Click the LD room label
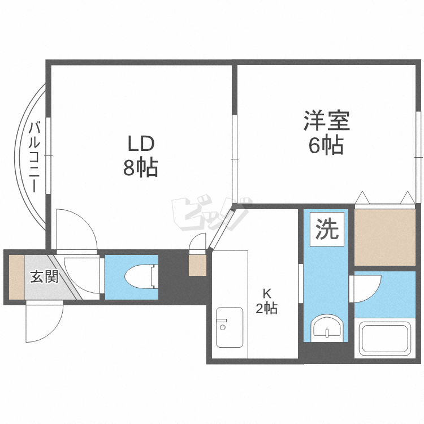pyautogui.click(x=141, y=144)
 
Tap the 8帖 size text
pyautogui.click(x=141, y=168)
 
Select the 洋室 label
pyautogui.click(x=327, y=120)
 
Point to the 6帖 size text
pyautogui.click(x=326, y=145)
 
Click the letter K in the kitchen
pyautogui.click(x=267, y=293)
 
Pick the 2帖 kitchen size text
pyautogui.click(x=267, y=308)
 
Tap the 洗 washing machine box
pyautogui.click(x=327, y=229)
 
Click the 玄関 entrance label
pyautogui.click(x=44, y=276)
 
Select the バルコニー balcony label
pyautogui.click(x=34, y=157)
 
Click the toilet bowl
pyautogui.click(x=141, y=277)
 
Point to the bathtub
pyautogui.click(x=385, y=338)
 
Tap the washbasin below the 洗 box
pyautogui.click(x=327, y=327)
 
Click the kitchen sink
pyautogui.click(x=230, y=327)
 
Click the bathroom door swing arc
pyautogui.click(x=373, y=293)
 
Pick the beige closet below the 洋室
pyautogui.click(x=385, y=237)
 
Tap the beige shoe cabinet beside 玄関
pyautogui.click(x=17, y=277)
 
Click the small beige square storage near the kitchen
pyautogui.click(x=197, y=265)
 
